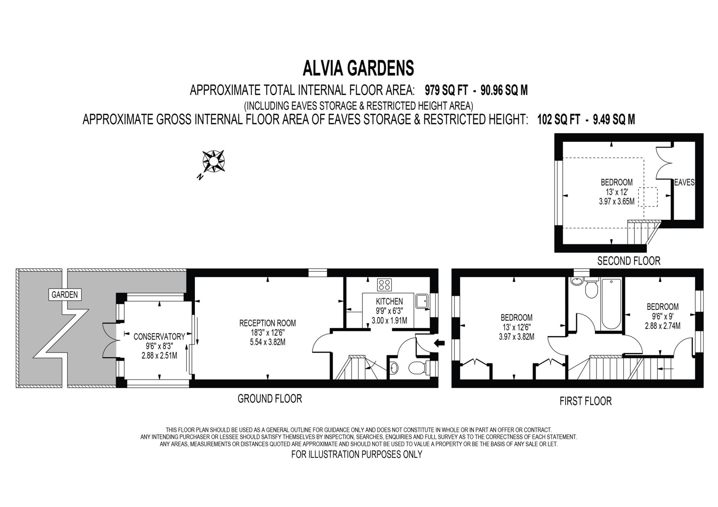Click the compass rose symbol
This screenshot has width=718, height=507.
(213, 162)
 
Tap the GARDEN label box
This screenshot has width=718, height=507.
(65, 295)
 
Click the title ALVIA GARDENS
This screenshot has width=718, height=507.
(358, 68)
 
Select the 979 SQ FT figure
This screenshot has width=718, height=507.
(446, 90)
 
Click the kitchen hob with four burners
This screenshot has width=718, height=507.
(384, 284)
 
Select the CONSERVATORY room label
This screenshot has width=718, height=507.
(159, 337)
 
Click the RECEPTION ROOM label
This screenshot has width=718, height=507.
(267, 323)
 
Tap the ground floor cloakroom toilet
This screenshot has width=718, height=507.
(418, 368)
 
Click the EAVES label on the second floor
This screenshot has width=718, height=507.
(684, 182)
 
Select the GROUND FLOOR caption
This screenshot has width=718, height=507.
(270, 399)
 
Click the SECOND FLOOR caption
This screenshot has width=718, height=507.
(629, 261)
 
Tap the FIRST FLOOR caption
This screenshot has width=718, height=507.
(585, 401)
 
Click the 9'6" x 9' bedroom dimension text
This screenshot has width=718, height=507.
(662, 317)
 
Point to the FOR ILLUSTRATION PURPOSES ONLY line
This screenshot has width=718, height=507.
(357, 454)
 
